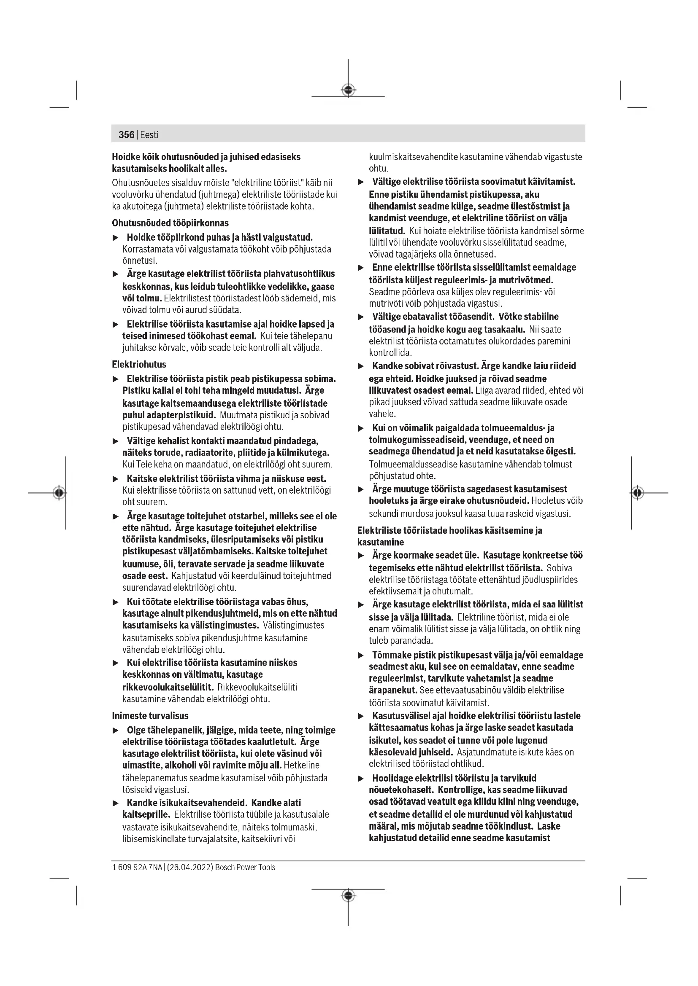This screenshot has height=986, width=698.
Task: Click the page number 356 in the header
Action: pyautogui.click(x=126, y=135)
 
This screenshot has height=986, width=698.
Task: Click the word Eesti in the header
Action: pyautogui.click(x=149, y=135)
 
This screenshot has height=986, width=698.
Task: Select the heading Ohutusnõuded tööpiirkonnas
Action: pyautogui.click(x=170, y=223)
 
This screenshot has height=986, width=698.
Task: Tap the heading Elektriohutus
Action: pyautogui.click(x=139, y=364)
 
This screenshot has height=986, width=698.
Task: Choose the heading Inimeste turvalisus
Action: pyautogui.click(x=150, y=716)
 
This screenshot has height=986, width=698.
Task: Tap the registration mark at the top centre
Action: pyautogui.click(x=348, y=90)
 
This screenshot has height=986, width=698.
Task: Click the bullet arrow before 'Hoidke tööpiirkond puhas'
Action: pyautogui.click(x=115, y=238)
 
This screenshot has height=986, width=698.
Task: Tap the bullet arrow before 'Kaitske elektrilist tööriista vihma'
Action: pyautogui.click(x=115, y=479)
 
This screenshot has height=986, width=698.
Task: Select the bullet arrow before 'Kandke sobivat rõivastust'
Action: pyautogui.click(x=361, y=366)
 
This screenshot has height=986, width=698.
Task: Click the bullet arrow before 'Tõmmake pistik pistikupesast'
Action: pyautogui.click(x=361, y=656)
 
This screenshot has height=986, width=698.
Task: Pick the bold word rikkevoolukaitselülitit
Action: pyautogui.click(x=168, y=687)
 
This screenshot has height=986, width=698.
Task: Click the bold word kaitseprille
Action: pyautogui.click(x=146, y=815)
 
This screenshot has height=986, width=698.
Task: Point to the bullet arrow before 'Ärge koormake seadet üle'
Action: pyautogui.click(x=361, y=556)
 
